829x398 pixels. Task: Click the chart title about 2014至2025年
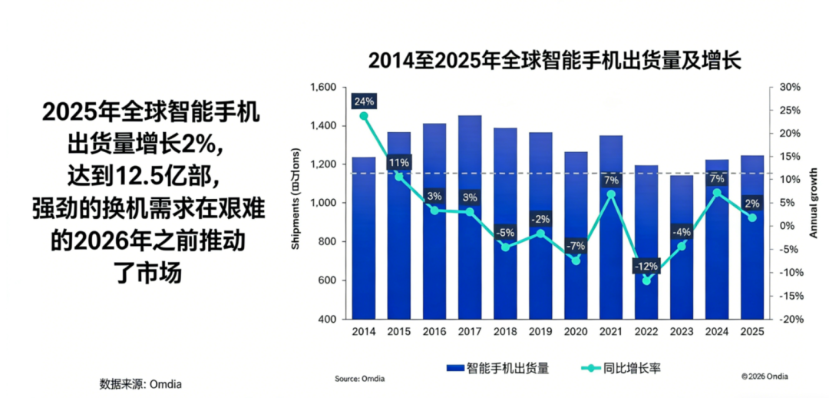pyautogui.click(x=554, y=61)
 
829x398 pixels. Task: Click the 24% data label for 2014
pyautogui.click(x=364, y=101)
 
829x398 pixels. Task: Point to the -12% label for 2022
pyautogui.click(x=646, y=267)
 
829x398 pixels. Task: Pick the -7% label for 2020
pyautogui.click(x=576, y=246)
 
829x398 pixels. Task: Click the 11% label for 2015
pyautogui.click(x=399, y=163)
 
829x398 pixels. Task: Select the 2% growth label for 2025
pyautogui.click(x=752, y=204)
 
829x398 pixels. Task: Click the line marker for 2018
pyautogui.click(x=505, y=247)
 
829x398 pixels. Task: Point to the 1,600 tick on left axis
pyautogui.click(x=323, y=88)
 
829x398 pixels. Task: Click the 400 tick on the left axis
pyautogui.click(x=328, y=319)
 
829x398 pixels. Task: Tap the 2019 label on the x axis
pyautogui.click(x=540, y=331)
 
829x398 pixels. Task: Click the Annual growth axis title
pyautogui.click(x=814, y=204)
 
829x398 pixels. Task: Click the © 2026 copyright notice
pyautogui.click(x=765, y=376)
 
